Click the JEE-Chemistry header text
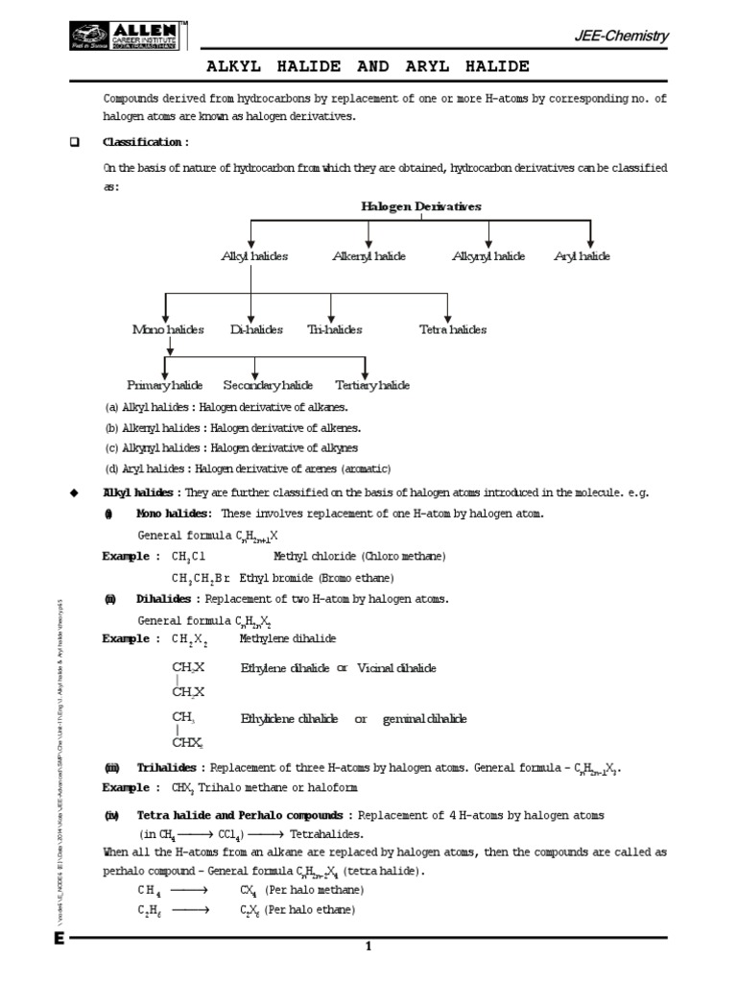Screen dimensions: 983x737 (627, 36)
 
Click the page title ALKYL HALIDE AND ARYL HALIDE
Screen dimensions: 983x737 (368, 66)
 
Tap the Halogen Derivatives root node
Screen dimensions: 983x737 (420, 206)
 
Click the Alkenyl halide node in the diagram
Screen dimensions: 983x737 (368, 256)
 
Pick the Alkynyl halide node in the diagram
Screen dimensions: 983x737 (488, 256)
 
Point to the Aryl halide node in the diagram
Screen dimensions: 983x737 (582, 256)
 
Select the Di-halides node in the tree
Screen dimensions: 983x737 (256, 329)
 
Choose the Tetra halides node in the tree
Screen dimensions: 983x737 (453, 329)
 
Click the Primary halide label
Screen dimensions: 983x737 (164, 385)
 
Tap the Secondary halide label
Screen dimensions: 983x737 (268, 385)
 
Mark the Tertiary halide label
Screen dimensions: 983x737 (372, 385)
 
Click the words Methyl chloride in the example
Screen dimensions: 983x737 (308, 557)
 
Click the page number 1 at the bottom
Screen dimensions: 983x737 (367, 947)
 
